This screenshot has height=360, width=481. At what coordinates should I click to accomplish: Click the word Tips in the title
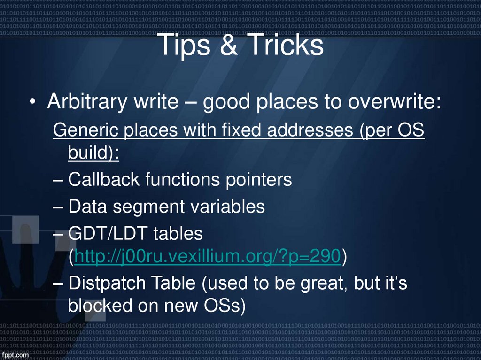[x=186, y=46]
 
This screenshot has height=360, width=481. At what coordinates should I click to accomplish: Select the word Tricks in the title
[x=284, y=46]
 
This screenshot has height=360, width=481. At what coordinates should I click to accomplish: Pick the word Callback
[x=104, y=179]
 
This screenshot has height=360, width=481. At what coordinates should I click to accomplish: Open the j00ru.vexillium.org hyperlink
[x=207, y=256]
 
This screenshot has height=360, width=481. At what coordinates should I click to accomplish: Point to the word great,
[x=318, y=283]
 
